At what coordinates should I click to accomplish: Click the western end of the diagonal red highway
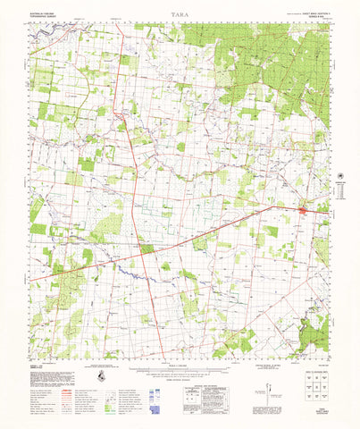tap(30, 281)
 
